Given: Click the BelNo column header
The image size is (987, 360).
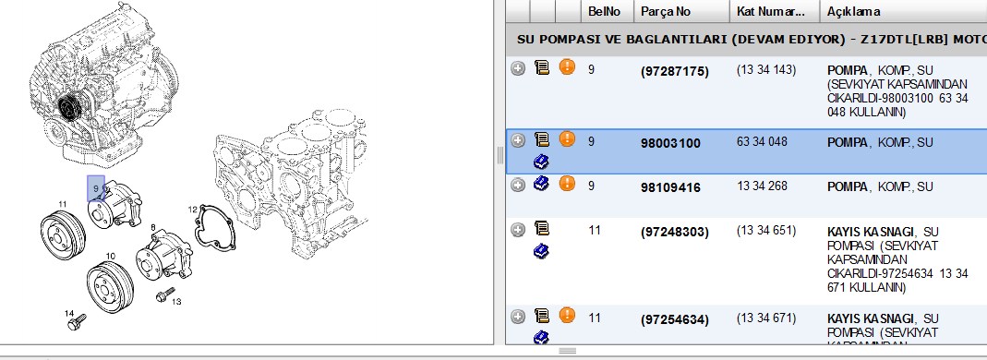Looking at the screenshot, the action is pyautogui.click(x=604, y=11).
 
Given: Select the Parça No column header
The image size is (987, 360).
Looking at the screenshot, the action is pyautogui.click(x=666, y=11).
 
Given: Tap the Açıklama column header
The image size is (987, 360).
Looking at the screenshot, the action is pyautogui.click(x=853, y=11).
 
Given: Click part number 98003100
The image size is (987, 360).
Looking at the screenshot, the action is pyautogui.click(x=670, y=143).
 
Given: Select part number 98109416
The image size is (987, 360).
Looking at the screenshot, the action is pyautogui.click(x=670, y=187).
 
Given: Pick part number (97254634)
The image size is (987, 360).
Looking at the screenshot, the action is pyautogui.click(x=674, y=320).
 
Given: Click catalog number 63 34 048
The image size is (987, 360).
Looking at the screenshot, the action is pyautogui.click(x=762, y=141).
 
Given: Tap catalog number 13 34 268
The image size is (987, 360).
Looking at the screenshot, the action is pyautogui.click(x=762, y=186).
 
